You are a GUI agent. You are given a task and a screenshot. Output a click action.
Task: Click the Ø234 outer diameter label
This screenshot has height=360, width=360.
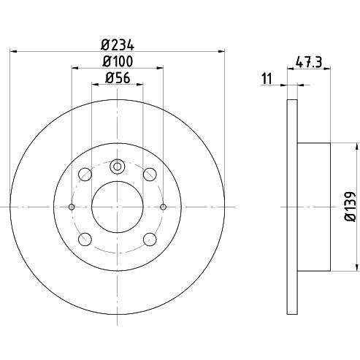click(118, 45)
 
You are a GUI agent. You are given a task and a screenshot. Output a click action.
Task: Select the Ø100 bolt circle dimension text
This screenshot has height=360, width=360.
click(118, 61)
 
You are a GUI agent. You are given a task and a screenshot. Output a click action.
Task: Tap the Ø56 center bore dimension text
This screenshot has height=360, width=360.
click(118, 78)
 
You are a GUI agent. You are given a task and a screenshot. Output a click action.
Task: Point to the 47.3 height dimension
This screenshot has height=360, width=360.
click(309, 62)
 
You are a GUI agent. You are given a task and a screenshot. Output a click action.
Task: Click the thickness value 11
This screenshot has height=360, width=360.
click(267, 79)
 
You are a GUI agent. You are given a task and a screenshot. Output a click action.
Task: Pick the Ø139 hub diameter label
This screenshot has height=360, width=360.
click(351, 207)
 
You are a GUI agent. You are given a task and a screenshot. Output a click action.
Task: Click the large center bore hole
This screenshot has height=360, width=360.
click(118, 207)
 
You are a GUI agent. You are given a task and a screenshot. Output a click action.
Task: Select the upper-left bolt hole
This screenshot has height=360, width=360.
click(85, 175)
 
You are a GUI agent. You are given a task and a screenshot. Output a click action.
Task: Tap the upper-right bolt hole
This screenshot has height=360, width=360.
click(150, 175)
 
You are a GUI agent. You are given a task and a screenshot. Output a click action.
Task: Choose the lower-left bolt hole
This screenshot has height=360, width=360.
click(85, 240)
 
